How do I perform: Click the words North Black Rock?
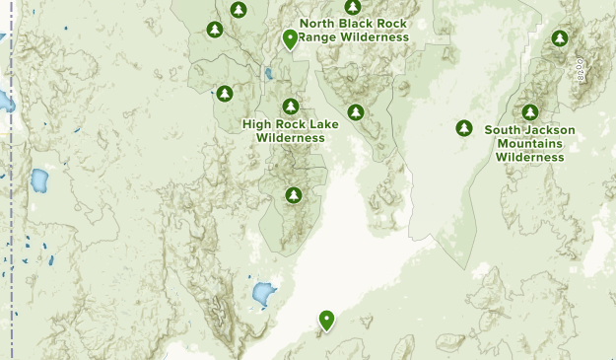[353, 23]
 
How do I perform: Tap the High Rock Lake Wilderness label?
[290, 131]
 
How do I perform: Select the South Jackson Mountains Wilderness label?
[530, 143]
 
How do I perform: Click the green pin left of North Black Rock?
[290, 38]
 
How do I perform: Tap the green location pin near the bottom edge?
[326, 320]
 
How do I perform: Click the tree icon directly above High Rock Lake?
[291, 107]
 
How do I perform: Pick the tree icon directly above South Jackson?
[530, 112]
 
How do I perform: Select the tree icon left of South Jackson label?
[464, 128]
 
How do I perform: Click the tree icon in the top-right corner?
[560, 38]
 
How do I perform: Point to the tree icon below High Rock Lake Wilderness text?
[293, 195]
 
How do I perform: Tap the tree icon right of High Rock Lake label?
[356, 112]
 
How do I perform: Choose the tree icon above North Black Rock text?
[352, 6]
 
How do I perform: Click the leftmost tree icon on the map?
[215, 30]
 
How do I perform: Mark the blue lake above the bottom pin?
[262, 293]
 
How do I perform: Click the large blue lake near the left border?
[39, 180]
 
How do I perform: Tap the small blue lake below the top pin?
[267, 73]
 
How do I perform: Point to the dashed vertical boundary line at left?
[13, 197]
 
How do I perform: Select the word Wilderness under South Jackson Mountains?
[530, 157]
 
